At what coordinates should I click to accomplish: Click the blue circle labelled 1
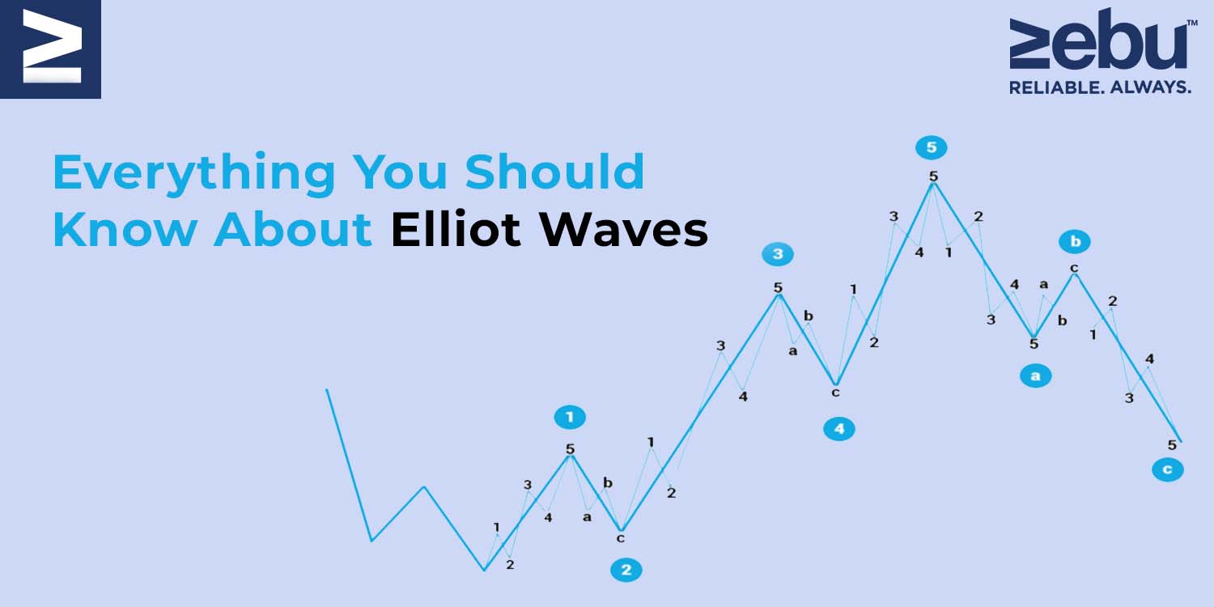[x=570, y=418]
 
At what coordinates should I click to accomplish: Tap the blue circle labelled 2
[x=626, y=570]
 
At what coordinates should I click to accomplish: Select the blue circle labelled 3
[x=778, y=253]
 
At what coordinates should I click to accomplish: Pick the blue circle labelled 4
[x=839, y=429]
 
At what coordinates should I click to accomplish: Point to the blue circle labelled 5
[x=931, y=147]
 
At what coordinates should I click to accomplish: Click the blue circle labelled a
[x=1035, y=376]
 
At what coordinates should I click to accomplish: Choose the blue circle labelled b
[x=1076, y=241]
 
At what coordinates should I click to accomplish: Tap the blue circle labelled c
[x=1167, y=469]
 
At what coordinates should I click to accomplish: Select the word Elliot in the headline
[x=456, y=229]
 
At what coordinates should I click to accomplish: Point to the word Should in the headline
[x=554, y=172]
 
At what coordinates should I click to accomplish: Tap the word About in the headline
[x=293, y=230]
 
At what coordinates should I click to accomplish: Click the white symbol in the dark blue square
[x=52, y=47]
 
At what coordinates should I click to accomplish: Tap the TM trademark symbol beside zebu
[x=1192, y=23]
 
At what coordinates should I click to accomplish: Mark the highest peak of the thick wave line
[x=932, y=183]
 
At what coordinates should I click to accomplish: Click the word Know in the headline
[x=125, y=230]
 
